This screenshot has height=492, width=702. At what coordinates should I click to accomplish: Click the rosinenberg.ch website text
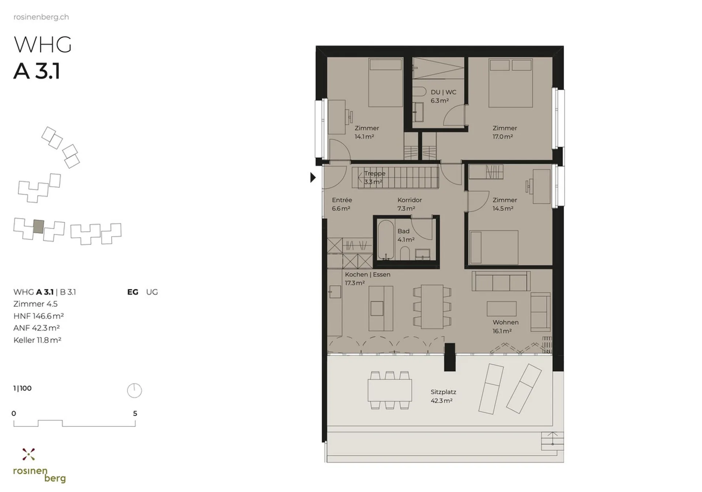point(41,17)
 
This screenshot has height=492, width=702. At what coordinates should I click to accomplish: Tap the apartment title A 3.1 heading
point(37,71)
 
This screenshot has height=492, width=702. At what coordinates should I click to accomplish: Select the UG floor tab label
point(152,292)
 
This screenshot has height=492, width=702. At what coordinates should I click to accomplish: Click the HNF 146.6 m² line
point(38,316)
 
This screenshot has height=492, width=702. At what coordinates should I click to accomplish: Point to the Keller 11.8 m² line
point(37,340)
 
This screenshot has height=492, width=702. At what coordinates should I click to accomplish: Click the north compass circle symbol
point(134,390)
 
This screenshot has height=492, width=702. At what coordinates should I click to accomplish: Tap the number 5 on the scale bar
point(135,413)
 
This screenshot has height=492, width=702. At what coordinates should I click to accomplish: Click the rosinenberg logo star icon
point(29,454)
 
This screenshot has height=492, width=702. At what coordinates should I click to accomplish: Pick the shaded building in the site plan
point(38,226)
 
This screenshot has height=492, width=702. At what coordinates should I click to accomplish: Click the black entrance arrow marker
point(313,177)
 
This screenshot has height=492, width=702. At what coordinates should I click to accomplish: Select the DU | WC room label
point(443,92)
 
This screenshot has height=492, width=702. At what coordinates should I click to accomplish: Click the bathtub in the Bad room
point(386,239)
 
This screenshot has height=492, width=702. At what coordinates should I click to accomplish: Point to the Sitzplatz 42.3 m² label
point(443,396)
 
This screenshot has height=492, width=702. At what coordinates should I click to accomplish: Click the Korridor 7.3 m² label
point(409,204)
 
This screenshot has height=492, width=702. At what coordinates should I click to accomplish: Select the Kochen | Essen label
point(367,274)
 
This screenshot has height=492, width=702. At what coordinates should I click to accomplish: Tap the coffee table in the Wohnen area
point(501,309)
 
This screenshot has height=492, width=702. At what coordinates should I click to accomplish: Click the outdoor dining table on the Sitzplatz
point(390,390)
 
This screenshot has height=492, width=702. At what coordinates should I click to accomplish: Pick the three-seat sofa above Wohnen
point(501,281)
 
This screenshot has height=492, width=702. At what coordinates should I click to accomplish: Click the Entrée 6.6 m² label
point(342,204)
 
